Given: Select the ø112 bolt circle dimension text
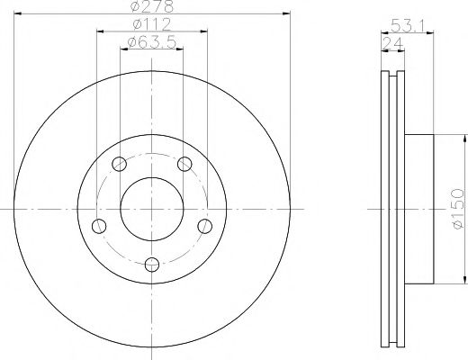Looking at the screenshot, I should pos(152,24).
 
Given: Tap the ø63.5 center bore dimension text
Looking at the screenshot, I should pos(151,41).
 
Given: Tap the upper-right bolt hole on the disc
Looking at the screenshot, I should pos(184,163).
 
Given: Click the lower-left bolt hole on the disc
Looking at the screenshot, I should pos(99,225).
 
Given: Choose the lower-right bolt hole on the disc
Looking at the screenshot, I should pos(205,225).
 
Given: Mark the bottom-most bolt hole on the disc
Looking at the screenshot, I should pos(152,264).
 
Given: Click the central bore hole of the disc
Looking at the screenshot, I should pos(152,208).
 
